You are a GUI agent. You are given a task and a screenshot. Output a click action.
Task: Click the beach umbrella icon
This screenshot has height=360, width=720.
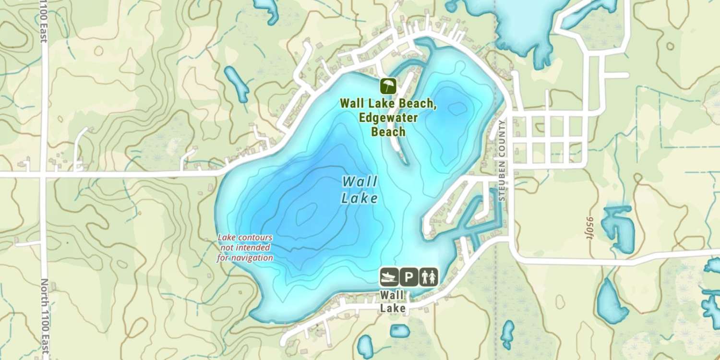pyautogui.click(x=388, y=86)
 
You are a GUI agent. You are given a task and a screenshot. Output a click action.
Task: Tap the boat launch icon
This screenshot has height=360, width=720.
pyautogui.click(x=389, y=277)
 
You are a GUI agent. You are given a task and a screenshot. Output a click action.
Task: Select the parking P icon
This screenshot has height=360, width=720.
pyautogui.click(x=409, y=277)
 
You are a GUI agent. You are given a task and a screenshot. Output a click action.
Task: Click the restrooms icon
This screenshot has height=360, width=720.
pyautogui.click(x=428, y=277)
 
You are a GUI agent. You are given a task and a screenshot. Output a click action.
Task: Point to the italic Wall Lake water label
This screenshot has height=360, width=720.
pyautogui.click(x=360, y=190)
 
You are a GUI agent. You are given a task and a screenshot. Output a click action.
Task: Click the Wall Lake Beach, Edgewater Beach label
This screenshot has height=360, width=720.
pyautogui.click(x=388, y=117)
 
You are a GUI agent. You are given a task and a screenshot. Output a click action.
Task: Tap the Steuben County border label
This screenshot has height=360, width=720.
pyautogui.click(x=502, y=161)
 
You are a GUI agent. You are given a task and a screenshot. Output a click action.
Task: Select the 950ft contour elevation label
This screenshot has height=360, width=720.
pyautogui.click(x=590, y=230)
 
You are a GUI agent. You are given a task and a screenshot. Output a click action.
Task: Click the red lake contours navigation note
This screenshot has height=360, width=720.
pyautogui.click(x=245, y=247)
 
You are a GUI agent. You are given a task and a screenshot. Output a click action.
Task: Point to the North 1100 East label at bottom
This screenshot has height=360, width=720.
pyautogui.click(x=44, y=317)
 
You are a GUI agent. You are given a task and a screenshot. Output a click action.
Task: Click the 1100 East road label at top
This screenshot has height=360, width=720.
pyautogui.click(x=44, y=22)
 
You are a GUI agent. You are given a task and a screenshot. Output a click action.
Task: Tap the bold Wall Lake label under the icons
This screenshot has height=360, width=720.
pyautogui.click(x=393, y=301)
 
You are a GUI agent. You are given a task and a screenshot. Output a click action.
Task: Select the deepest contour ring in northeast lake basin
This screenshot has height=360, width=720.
pyautogui.click(x=456, y=108)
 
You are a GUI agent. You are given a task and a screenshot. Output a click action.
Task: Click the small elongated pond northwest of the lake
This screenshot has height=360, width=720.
pyautogui.click(x=237, y=84)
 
